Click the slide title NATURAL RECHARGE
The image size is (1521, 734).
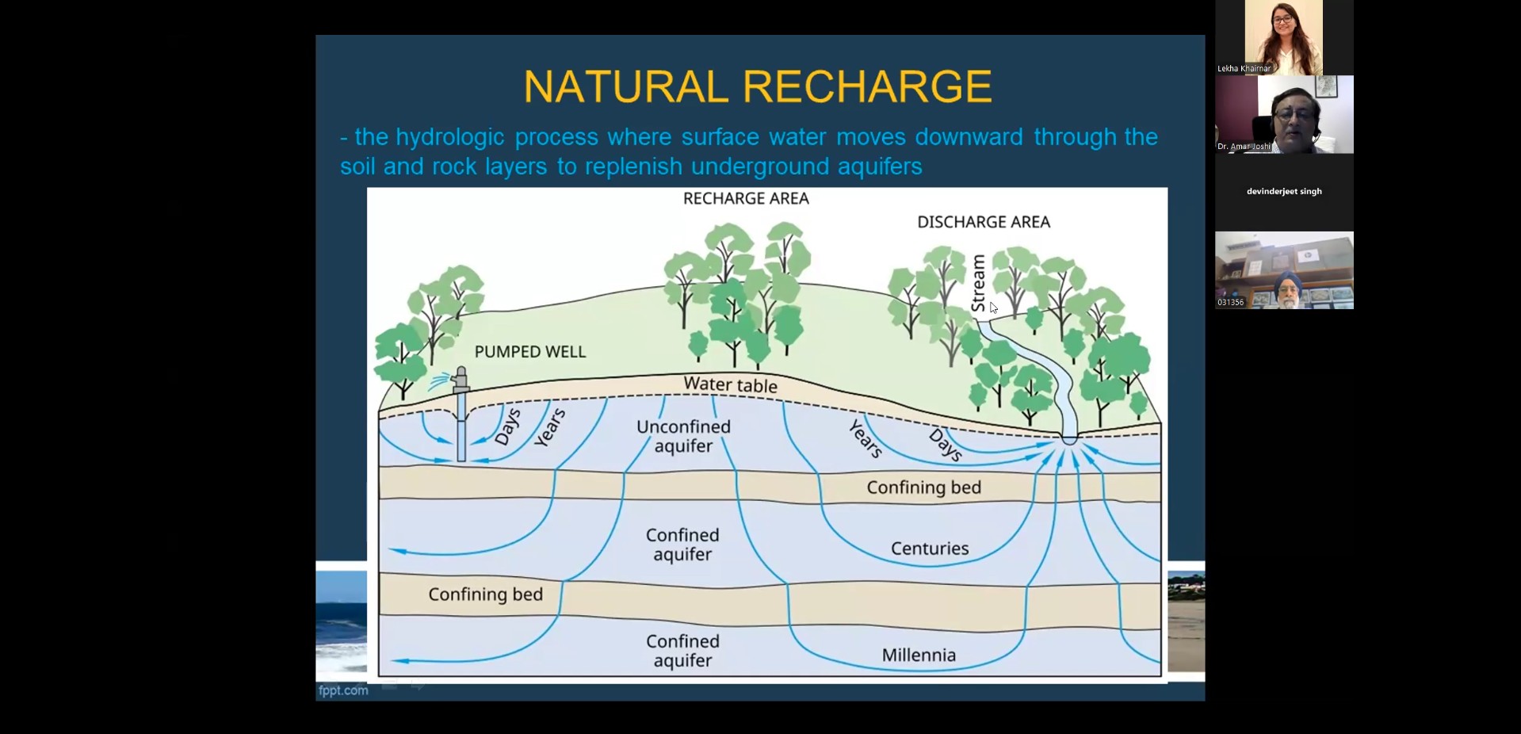pos(758,86)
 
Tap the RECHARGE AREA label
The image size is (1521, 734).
pos(746,199)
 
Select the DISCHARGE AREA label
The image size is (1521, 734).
pos(984,223)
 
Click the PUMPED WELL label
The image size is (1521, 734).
pos(530,351)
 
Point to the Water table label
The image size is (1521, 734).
pos(731,385)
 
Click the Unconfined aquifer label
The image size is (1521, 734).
pos(683,436)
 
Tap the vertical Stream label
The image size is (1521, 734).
pos(979,283)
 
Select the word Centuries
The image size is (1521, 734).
pos(930,549)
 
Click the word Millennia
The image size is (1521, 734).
pos(919,656)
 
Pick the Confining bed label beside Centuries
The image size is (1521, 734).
pos(923,487)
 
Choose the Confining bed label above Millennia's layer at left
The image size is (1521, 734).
pos(485,594)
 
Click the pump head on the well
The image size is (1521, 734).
pos(460,380)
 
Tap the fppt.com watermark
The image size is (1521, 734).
pos(343,690)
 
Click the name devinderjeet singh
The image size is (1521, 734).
pos(1284,191)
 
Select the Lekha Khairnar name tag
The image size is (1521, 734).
pos(1244,69)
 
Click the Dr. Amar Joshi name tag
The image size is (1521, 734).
pos(1244,147)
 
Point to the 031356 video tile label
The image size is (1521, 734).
pos(1230,303)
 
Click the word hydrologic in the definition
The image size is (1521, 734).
pos(450,137)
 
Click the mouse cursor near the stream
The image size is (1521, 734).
pos(994,308)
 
